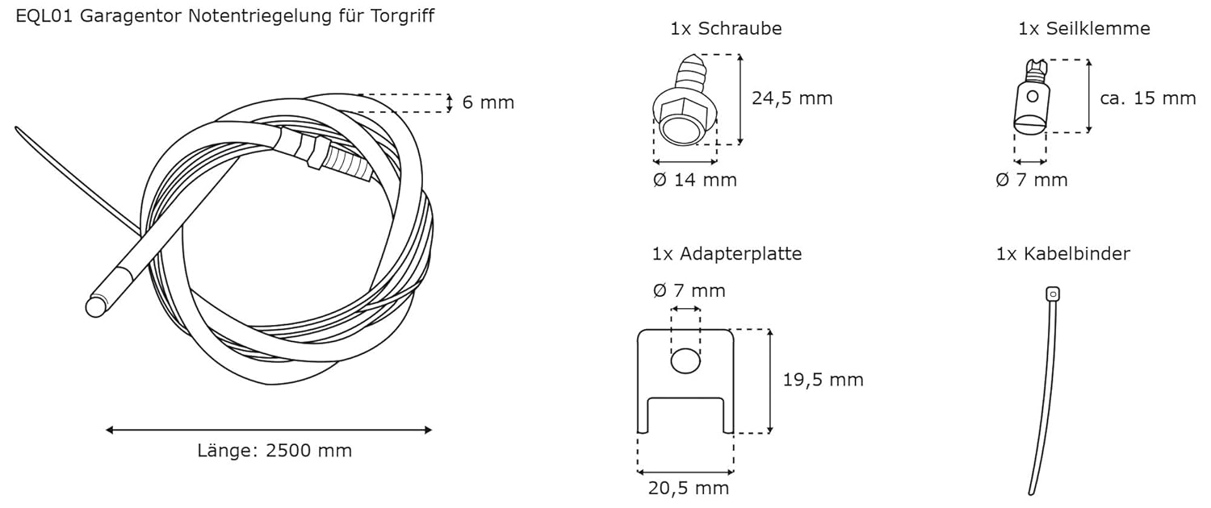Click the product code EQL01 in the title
click(45, 16)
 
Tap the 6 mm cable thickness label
click(488, 102)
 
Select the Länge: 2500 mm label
click(274, 451)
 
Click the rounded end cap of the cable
click(95, 306)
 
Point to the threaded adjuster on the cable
click(343, 162)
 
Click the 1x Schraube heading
click(726, 29)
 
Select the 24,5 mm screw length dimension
click(791, 98)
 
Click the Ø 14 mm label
click(694, 180)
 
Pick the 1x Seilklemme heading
click(1084, 29)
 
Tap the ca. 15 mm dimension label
click(1147, 98)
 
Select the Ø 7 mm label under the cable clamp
click(1031, 180)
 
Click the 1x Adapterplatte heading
click(727, 254)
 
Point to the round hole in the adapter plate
click(685, 362)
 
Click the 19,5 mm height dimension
click(823, 380)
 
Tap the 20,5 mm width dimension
click(688, 488)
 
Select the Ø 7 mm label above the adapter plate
click(688, 290)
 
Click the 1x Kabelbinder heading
click(1062, 254)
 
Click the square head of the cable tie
click(1052, 294)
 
